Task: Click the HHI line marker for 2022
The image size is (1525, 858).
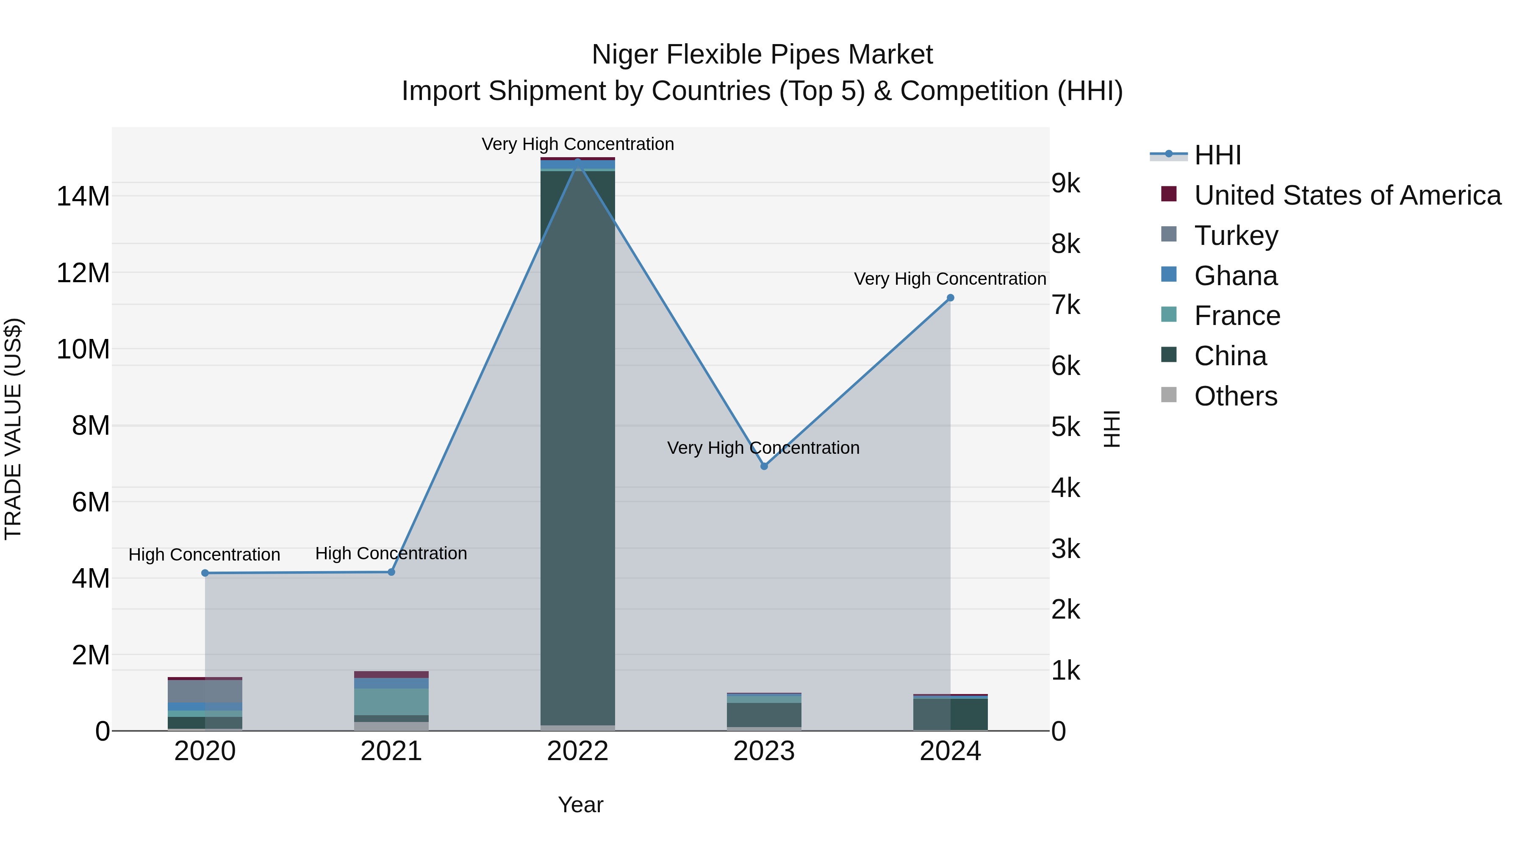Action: (578, 162)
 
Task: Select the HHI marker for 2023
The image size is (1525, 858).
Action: (764, 466)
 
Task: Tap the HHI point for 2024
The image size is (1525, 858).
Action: (950, 298)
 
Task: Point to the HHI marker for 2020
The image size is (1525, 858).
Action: (205, 572)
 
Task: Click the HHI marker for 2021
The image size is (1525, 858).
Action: (391, 572)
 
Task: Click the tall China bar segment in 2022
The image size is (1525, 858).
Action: (578, 444)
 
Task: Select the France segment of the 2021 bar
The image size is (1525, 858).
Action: (391, 701)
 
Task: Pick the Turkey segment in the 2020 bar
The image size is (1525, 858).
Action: (205, 691)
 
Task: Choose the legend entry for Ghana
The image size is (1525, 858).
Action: (1236, 276)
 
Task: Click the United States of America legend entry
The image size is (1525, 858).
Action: (1347, 195)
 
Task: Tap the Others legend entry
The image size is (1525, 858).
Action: (1236, 396)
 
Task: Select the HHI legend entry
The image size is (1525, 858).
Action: (1217, 155)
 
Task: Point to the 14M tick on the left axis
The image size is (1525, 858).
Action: (83, 197)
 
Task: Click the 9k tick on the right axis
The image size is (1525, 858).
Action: (1066, 183)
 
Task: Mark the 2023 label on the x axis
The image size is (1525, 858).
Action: (764, 751)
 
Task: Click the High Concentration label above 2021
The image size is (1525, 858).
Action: (391, 553)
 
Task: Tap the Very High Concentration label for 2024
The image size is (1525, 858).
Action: (950, 278)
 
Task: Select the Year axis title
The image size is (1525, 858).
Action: (580, 805)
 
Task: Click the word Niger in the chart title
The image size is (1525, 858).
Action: (624, 55)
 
